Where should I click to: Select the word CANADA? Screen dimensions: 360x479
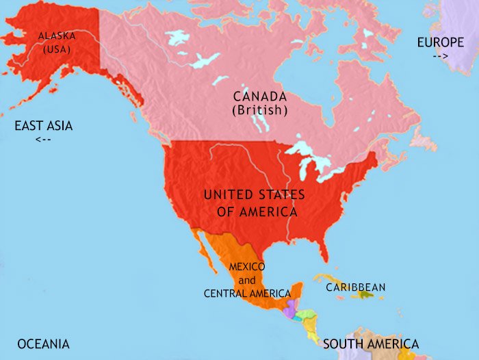pos(259,96)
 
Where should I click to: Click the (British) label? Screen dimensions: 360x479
pos(259,110)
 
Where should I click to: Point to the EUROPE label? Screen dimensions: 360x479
pos(440,42)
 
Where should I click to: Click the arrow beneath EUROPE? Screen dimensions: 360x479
pos(440,56)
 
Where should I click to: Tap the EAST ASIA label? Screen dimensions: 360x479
pos(44,126)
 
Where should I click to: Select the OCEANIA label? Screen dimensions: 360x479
pos(43,344)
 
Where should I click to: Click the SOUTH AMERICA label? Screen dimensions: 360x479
pos(370,344)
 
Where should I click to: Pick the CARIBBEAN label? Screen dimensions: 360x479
pos(355,287)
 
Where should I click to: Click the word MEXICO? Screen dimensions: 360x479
pos(247,266)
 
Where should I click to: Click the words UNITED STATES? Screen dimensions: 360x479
pos(255,195)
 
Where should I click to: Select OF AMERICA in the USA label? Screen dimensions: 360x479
pos(257,212)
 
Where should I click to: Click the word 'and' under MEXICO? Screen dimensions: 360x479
pos(247,280)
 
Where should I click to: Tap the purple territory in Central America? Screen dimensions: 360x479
pos(291,310)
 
